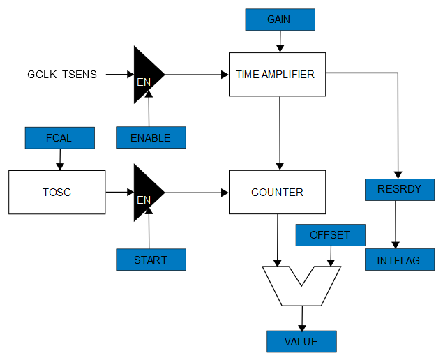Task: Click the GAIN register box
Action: [x=280, y=20]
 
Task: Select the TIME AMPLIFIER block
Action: [x=277, y=74]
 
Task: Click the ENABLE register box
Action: [x=151, y=137]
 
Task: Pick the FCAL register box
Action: [x=59, y=137]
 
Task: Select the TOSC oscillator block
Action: [x=57, y=192]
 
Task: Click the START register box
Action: [x=151, y=260]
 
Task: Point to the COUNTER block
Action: [x=277, y=192]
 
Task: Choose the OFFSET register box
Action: [x=330, y=235]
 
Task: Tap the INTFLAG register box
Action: [x=400, y=260]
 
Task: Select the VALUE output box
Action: [x=301, y=341]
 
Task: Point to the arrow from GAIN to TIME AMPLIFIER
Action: [x=280, y=42]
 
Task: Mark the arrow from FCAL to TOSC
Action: [x=59, y=159]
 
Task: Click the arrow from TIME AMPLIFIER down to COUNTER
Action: [x=280, y=133]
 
